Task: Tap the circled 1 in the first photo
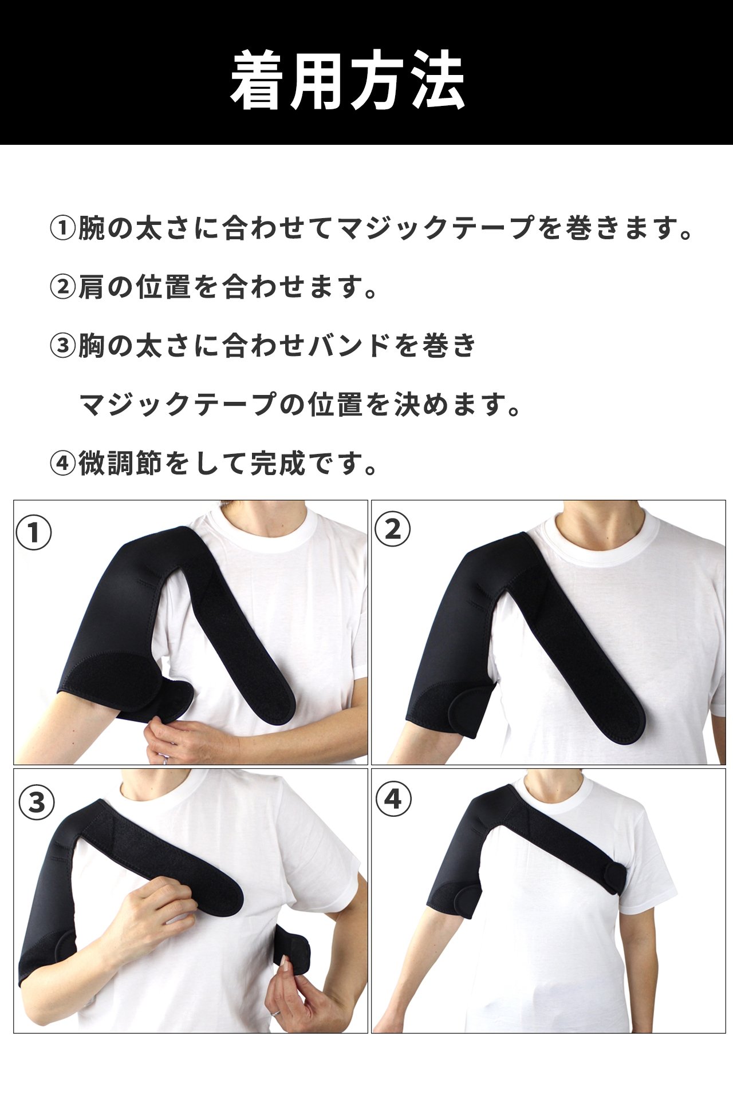coord(34,533)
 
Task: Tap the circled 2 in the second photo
coord(392,529)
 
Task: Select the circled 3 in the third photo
coord(37,802)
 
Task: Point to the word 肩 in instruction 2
coord(92,287)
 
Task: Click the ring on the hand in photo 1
coord(165,760)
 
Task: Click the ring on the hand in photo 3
coord(276,1012)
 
